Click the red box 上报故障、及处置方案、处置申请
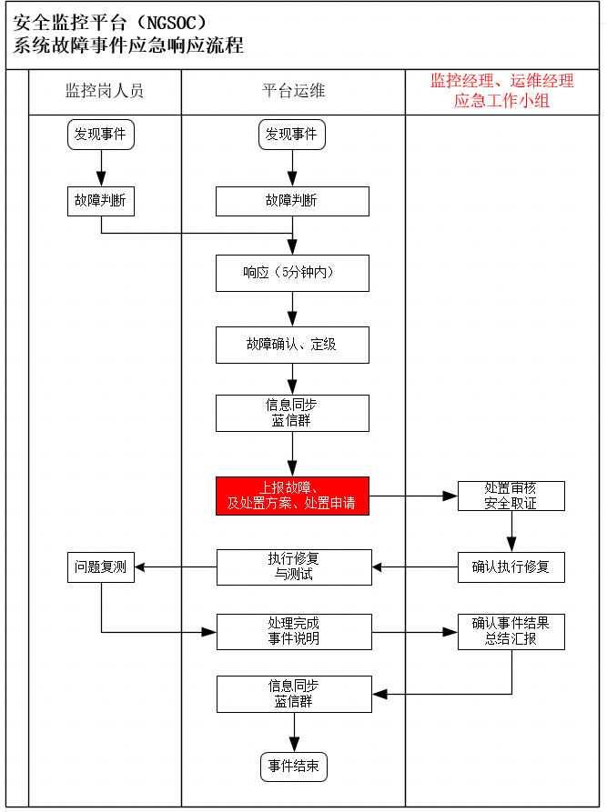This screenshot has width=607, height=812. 292,496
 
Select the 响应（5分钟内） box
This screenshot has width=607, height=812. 292,273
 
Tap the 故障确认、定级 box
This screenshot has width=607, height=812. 292,345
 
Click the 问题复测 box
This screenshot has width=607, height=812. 101,567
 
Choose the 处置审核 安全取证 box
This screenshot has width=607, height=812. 511,496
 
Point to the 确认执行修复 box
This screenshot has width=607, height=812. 511,567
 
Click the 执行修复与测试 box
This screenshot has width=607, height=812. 294,567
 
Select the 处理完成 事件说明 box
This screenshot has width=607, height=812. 294,632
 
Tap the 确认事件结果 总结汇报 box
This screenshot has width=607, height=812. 511,632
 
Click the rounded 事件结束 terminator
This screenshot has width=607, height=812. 294,767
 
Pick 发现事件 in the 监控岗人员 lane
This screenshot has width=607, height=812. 101,135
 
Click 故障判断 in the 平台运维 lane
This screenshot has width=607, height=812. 292,201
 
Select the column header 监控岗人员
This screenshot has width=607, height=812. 104,91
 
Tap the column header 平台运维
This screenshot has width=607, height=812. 293,91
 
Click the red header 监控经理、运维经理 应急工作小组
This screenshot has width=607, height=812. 501,91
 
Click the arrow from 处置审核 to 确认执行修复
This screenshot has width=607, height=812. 511,531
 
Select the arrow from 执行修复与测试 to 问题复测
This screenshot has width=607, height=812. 176,567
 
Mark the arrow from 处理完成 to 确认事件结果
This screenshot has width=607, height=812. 415,632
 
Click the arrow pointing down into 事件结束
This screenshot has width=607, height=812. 294,732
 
